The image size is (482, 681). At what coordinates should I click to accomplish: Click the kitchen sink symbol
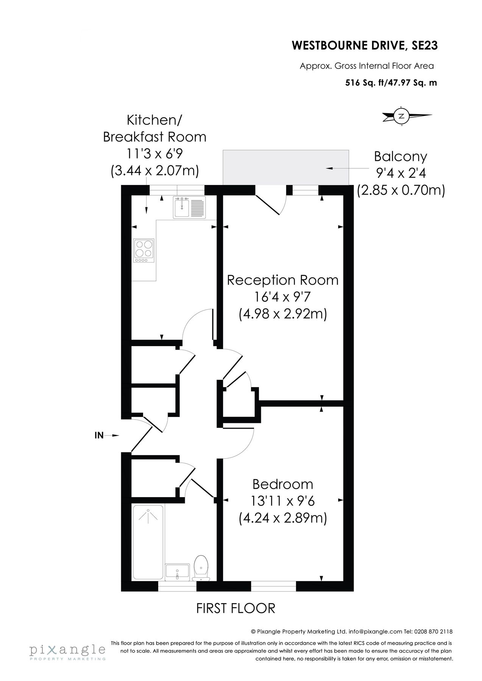[189, 207]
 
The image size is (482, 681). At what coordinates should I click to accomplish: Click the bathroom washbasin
[177, 571]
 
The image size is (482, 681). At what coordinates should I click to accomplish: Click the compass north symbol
[402, 116]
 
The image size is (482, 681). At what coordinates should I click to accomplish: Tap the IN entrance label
[99, 435]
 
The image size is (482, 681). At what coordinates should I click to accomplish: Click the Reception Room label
[282, 280]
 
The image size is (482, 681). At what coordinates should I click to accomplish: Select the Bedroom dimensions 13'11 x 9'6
[282, 501]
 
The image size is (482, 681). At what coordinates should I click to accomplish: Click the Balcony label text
[401, 156]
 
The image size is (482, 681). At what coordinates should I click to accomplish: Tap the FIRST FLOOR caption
[236, 609]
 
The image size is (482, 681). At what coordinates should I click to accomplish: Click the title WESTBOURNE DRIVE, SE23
[365, 46]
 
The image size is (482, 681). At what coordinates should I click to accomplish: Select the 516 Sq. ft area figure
[364, 83]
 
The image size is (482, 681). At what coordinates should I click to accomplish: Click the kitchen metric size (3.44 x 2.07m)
[154, 171]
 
